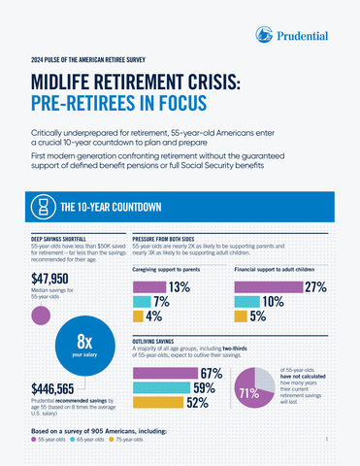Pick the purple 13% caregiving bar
click(x=148, y=287)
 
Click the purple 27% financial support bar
click(x=268, y=287)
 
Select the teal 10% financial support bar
click(x=247, y=302)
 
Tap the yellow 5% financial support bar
click(x=241, y=316)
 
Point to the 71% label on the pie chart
click(x=247, y=393)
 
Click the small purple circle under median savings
click(x=41, y=315)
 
